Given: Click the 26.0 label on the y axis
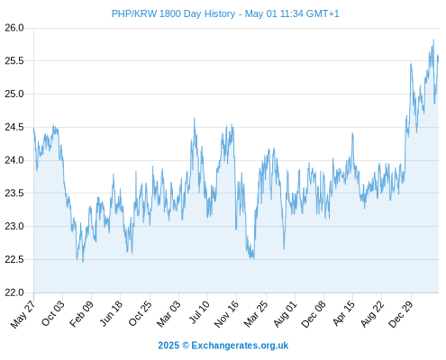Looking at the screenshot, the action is [14, 28].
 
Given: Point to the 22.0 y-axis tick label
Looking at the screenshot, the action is [14, 292].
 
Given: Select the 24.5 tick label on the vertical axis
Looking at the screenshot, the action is [14, 127].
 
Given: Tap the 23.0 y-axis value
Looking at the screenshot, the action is [14, 226].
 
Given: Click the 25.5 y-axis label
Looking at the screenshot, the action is [14, 61].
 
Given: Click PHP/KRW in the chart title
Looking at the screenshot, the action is [134, 13].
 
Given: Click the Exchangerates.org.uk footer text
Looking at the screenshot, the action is [240, 346].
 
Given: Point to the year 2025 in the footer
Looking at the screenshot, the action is [168, 346].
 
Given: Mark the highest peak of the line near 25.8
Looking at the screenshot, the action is [433, 40].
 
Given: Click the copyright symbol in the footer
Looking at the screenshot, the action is [186, 346].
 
